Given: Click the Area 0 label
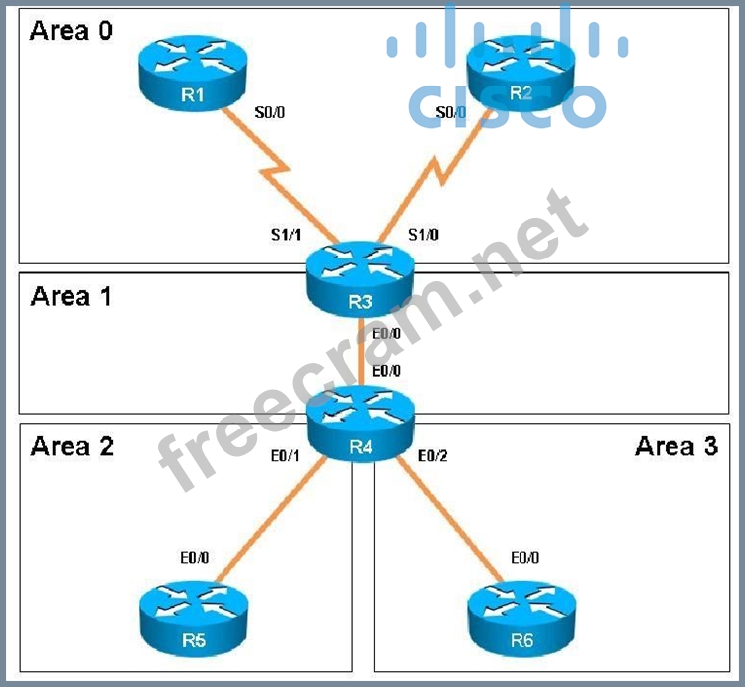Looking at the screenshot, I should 72,31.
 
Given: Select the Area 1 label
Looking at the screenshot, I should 72,296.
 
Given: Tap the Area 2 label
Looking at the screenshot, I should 72,446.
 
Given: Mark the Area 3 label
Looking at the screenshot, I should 675,446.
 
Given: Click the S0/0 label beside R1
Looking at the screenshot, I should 270,113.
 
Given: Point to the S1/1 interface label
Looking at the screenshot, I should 287,235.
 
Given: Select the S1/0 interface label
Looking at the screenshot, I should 424,235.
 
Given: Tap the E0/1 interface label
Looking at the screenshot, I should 286,456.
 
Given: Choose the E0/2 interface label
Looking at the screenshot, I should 434,456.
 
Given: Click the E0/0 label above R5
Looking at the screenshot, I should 193,559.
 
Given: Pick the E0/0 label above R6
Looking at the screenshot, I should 524,559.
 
